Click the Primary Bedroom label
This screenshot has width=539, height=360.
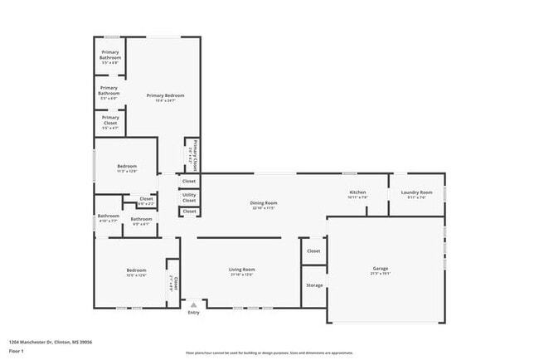pos(165,95)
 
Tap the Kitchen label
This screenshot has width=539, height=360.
pos(357,192)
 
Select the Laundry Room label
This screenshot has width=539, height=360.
pos(416,192)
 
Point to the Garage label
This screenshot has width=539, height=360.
pos(381,269)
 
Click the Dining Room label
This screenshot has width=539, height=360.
pos(264,202)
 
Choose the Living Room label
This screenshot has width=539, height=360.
pos(242,270)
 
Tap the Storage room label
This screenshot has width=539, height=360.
pos(314,285)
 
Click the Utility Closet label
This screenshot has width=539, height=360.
pos(189,197)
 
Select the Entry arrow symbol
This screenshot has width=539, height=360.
pos(194,304)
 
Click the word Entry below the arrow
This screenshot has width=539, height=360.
pos(194,313)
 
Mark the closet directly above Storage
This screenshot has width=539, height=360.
pos(313,251)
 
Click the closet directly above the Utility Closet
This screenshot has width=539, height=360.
pos(189,181)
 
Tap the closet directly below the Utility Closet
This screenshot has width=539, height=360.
pos(189,212)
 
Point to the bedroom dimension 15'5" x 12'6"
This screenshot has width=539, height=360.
pos(136,275)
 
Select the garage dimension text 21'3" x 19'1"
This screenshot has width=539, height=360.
pos(381,275)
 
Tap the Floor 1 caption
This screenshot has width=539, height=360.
pos(17,351)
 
